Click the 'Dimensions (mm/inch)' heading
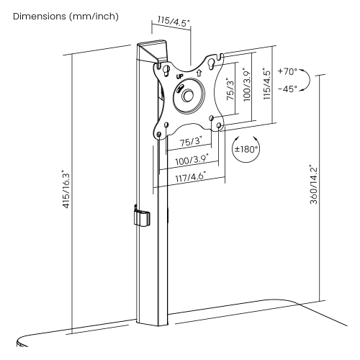point(66,17)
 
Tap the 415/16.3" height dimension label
point(66,189)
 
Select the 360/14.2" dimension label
point(313,184)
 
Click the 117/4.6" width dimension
point(191,178)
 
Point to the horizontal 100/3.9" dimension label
point(192,160)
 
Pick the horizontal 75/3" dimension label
point(191,142)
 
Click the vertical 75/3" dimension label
point(230,89)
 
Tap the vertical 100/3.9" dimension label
point(247,84)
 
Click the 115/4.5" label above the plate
point(174,22)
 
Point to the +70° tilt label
point(287,71)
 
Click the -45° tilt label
point(287,89)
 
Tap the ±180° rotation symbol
point(246,149)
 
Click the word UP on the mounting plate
point(179,77)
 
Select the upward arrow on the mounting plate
point(199,73)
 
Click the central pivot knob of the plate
point(188,96)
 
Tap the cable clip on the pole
point(142,217)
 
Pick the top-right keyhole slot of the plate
point(212,65)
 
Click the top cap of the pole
point(152,51)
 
